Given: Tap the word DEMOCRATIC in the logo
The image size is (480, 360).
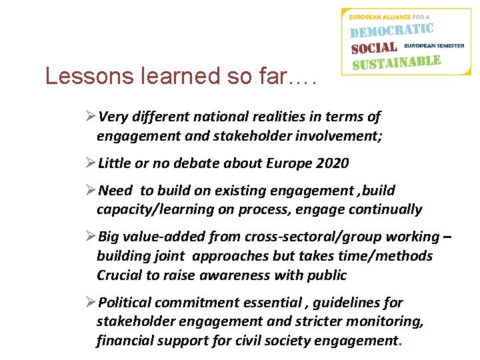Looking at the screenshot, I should [392, 31].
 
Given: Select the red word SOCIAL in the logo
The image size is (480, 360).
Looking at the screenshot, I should [374, 48].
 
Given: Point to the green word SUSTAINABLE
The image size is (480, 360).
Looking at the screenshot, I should [396, 63].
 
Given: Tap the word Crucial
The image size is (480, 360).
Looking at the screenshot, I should [118, 275].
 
